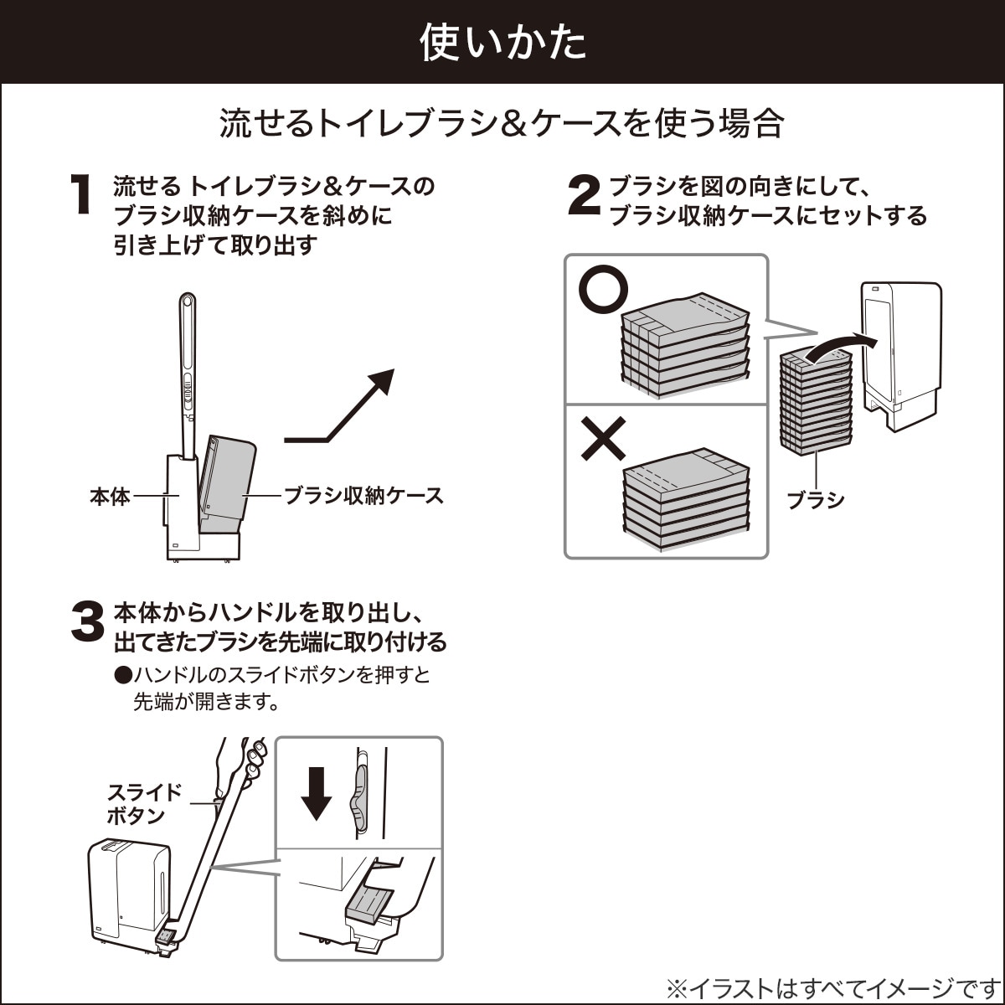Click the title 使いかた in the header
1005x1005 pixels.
pyautogui.click(x=502, y=43)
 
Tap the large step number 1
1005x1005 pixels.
pyautogui.click(x=80, y=195)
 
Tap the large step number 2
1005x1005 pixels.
pyautogui.click(x=584, y=195)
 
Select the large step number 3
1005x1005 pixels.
pyautogui.click(x=86, y=624)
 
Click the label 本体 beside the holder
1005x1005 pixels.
pyautogui.click(x=110, y=496)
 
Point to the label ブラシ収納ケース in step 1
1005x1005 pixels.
pyautogui.click(x=363, y=495)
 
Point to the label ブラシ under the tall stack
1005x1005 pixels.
pyautogui.click(x=815, y=500)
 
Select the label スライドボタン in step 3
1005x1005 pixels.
pyautogui.click(x=144, y=804)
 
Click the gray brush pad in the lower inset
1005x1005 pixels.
pyautogui.click(x=367, y=904)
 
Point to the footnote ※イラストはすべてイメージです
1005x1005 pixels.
pyautogui.click(x=833, y=987)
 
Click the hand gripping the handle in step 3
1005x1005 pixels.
pyautogui.click(x=239, y=762)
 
